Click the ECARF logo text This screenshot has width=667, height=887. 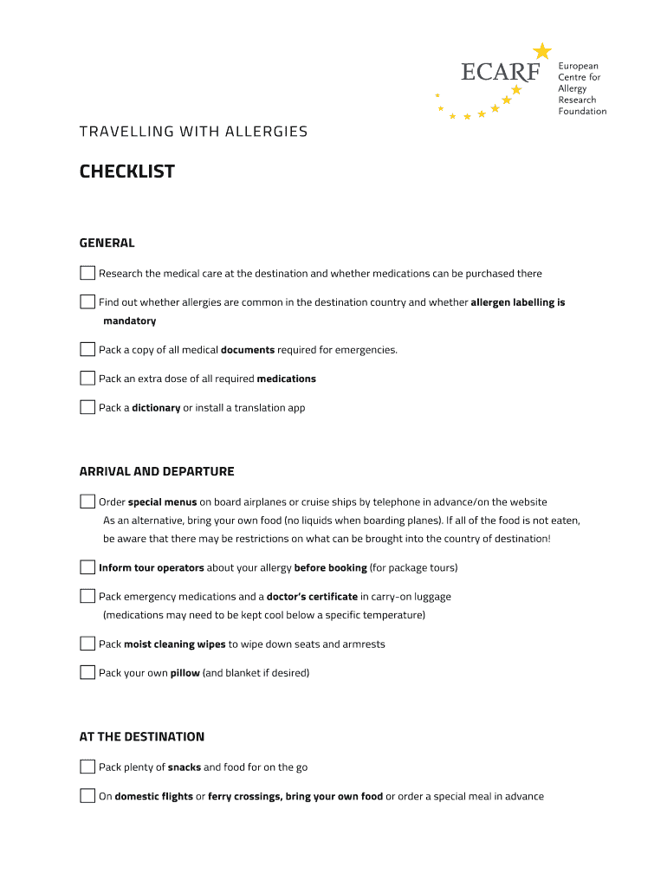click(x=501, y=72)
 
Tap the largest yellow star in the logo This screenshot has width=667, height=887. click(x=542, y=51)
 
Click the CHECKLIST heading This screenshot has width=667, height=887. click(x=127, y=172)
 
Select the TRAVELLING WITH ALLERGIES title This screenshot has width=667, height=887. click(x=193, y=132)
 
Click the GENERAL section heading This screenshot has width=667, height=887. click(x=107, y=243)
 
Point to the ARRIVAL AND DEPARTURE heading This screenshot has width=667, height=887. click(x=157, y=472)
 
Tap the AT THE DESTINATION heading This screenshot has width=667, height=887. click(x=142, y=737)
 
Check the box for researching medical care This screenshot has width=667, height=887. click(x=87, y=273)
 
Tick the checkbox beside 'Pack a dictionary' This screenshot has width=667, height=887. click(x=87, y=407)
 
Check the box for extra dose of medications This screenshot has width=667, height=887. click(x=87, y=379)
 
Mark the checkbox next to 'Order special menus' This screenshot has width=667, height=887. click(x=87, y=502)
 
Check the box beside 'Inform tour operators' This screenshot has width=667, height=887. click(x=87, y=567)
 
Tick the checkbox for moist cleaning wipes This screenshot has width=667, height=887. click(x=87, y=644)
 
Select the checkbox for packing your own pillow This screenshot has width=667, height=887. click(x=87, y=672)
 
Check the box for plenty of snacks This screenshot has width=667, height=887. click(x=87, y=767)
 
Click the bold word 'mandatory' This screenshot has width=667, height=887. click(x=130, y=321)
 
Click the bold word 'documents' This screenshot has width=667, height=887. click(x=248, y=350)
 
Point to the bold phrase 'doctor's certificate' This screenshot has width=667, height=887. click(x=312, y=597)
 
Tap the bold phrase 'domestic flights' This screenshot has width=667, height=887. click(x=154, y=797)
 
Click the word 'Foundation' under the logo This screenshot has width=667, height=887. click(x=582, y=112)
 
